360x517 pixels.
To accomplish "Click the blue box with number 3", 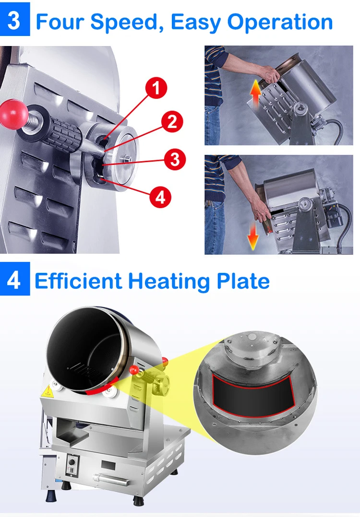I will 14,20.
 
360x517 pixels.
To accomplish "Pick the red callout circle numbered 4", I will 160,196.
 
